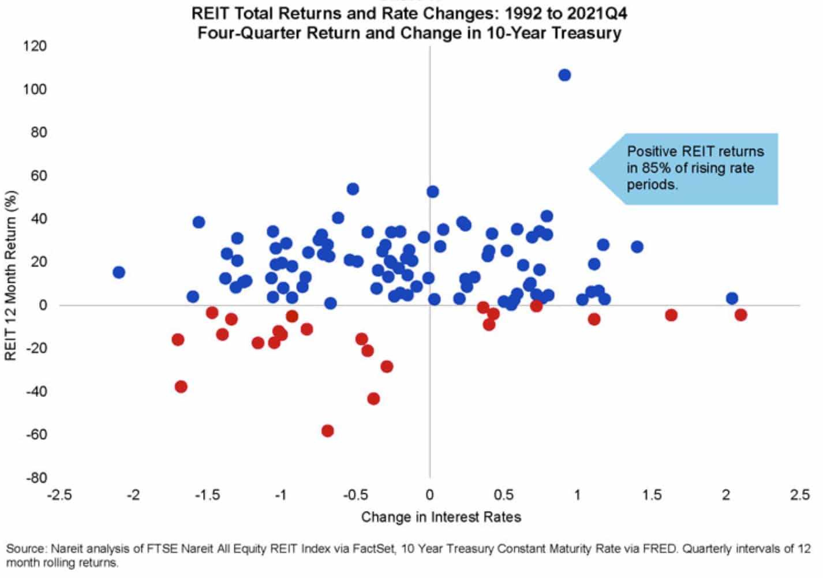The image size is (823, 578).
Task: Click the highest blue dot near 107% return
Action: tap(564, 75)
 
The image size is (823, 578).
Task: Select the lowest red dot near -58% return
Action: tap(327, 431)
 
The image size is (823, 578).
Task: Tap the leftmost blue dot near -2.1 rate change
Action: tap(118, 272)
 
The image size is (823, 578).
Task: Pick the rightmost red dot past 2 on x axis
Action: tap(740, 315)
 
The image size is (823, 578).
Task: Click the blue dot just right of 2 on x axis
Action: tap(732, 298)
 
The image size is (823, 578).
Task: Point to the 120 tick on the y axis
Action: tap(35, 46)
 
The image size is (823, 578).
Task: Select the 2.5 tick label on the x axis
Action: tap(800, 495)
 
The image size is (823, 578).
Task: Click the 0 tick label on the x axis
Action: tap(429, 495)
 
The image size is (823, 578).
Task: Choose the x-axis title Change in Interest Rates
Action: tap(441, 517)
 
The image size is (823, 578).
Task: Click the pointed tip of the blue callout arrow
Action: tap(590, 169)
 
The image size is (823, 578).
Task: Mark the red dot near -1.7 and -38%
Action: tap(181, 386)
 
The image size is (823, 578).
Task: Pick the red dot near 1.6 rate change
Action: tap(671, 315)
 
